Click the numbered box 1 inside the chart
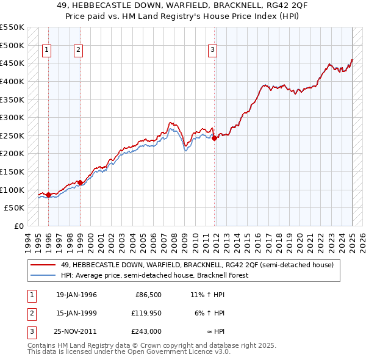click(x=47, y=51)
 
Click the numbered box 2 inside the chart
click(x=79, y=51)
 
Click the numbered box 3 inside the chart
click(x=212, y=51)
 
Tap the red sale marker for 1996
click(x=48, y=195)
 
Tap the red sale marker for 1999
click(x=80, y=182)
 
